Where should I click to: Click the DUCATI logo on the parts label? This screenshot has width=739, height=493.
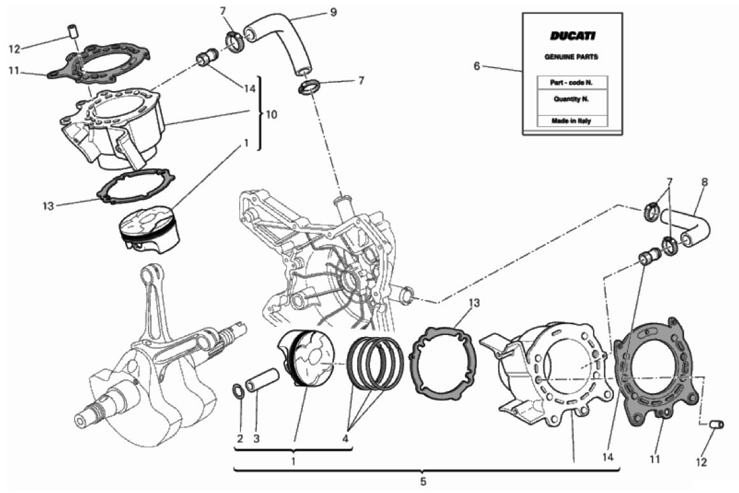(572, 36)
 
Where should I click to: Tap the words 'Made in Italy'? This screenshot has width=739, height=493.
(571, 121)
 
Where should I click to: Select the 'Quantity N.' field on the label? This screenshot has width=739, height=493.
(571, 99)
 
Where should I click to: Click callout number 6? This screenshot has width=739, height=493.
(476, 66)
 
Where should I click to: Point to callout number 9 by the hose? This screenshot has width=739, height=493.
(333, 11)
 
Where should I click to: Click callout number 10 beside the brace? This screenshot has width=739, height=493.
(272, 115)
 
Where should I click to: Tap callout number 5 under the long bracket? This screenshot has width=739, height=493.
(423, 482)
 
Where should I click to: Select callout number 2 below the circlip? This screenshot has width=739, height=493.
(240, 439)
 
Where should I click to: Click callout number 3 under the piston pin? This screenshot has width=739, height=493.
(256, 439)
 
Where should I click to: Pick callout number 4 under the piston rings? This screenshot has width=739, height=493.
(346, 439)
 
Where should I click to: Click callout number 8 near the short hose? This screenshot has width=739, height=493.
(705, 182)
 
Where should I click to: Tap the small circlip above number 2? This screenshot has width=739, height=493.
(238, 390)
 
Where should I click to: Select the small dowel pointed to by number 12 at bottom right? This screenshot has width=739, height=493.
(717, 424)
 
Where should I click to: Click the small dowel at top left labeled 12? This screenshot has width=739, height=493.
(73, 31)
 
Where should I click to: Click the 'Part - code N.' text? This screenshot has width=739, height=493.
(571, 82)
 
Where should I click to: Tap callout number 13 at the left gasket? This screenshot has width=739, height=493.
(48, 206)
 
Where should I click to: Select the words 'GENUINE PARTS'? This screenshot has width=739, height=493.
(571, 57)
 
